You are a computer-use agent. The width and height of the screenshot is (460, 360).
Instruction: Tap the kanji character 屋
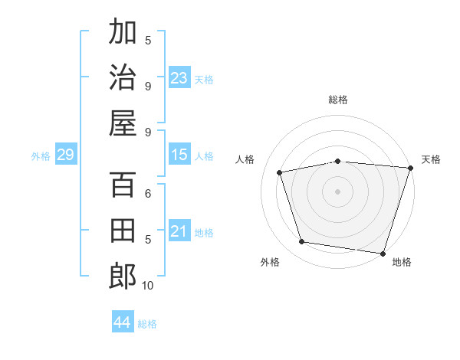pyautogui.click(x=123, y=123)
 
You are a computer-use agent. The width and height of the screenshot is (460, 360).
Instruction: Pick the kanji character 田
pyautogui.click(x=123, y=231)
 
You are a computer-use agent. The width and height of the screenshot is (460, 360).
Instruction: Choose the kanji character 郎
pyautogui.click(x=123, y=277)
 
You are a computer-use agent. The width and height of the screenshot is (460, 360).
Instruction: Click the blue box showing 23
pyautogui.click(x=179, y=77)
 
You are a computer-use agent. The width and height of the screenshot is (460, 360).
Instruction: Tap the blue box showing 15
pyautogui.click(x=179, y=155)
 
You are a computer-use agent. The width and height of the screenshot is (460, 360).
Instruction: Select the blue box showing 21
pyautogui.click(x=179, y=231)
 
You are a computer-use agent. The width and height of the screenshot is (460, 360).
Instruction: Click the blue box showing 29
pyautogui.click(x=65, y=155)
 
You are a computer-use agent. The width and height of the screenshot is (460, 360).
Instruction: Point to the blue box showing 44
pyautogui.click(x=122, y=322)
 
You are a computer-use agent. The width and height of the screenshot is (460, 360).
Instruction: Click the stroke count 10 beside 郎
pyautogui.click(x=148, y=286)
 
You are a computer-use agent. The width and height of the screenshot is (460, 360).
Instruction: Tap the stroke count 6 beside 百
pyautogui.click(x=148, y=193)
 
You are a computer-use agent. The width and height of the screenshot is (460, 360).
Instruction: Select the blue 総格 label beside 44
pyautogui.click(x=148, y=324)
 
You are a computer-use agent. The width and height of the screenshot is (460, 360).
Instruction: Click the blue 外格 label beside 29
pyautogui.click(x=41, y=156)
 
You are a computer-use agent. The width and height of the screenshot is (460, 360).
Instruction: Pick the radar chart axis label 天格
pyautogui.click(x=431, y=159)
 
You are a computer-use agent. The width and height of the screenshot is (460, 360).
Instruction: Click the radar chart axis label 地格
pyautogui.click(x=402, y=262)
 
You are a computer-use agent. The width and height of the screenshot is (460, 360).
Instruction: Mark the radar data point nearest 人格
pyautogui.click(x=280, y=172)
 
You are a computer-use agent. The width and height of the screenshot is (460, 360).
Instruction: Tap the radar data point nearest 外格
pyautogui.click(x=302, y=242)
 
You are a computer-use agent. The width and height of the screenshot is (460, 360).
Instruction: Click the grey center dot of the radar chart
pyautogui.click(x=337, y=191)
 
